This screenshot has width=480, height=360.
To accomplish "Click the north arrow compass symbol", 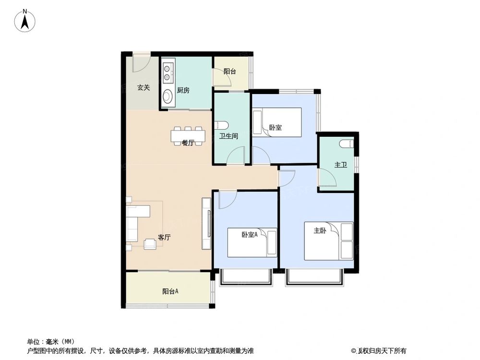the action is tap(25, 21).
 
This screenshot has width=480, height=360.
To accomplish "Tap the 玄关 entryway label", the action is tap(143, 88).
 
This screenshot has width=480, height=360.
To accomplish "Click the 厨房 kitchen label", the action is tap(183, 90).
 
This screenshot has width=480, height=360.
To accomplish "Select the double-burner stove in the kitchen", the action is tap(168, 72).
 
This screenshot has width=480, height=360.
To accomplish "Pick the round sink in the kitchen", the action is tap(168, 97).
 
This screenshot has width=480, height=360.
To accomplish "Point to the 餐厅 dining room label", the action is tap(188, 143).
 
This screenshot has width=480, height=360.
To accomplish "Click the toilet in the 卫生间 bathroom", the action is tap(222, 125).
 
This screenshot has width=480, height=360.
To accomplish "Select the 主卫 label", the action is tap(340, 165).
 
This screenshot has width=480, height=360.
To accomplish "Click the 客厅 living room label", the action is tap(164, 237).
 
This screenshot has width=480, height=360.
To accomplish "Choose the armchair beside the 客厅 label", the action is tap(150, 244).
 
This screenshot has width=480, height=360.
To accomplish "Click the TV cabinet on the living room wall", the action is tap(206, 224).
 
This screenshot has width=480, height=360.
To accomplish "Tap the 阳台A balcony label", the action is tap(170, 291).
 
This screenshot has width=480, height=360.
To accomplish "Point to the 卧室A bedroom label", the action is tap(250, 235).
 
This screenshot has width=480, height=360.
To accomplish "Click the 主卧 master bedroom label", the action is tap(320, 230).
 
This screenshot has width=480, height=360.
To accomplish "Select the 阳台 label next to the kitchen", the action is tap(229, 72).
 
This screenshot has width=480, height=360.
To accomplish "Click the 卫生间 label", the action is tap(228, 136).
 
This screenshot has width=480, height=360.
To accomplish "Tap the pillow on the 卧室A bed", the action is tap(272, 242).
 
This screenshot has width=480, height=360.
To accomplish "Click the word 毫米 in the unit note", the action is tap(52, 341).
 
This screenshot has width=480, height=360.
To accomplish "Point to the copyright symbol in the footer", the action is tap(354, 351).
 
